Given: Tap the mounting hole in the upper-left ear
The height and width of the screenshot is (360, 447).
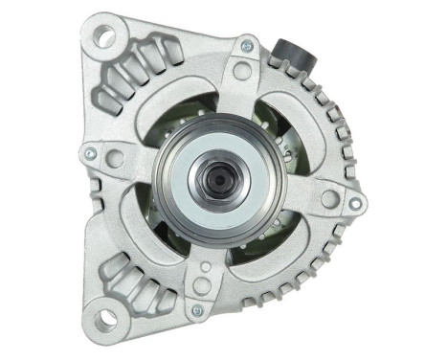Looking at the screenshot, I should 104,36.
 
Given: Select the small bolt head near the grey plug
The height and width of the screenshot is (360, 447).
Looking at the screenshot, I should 248,44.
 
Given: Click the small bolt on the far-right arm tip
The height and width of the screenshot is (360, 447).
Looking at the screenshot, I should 355,204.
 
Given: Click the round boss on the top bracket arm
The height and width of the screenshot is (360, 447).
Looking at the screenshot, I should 241,71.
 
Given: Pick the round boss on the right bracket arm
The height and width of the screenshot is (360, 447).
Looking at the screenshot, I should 329,198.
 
